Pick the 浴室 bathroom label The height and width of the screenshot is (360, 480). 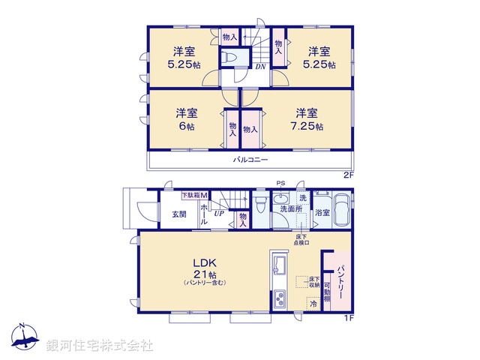322,213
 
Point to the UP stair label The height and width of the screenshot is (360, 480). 220,214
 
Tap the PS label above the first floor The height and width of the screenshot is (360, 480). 281,183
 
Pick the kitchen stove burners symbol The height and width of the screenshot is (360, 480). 280,298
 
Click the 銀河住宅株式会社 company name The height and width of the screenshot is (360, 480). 100,345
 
